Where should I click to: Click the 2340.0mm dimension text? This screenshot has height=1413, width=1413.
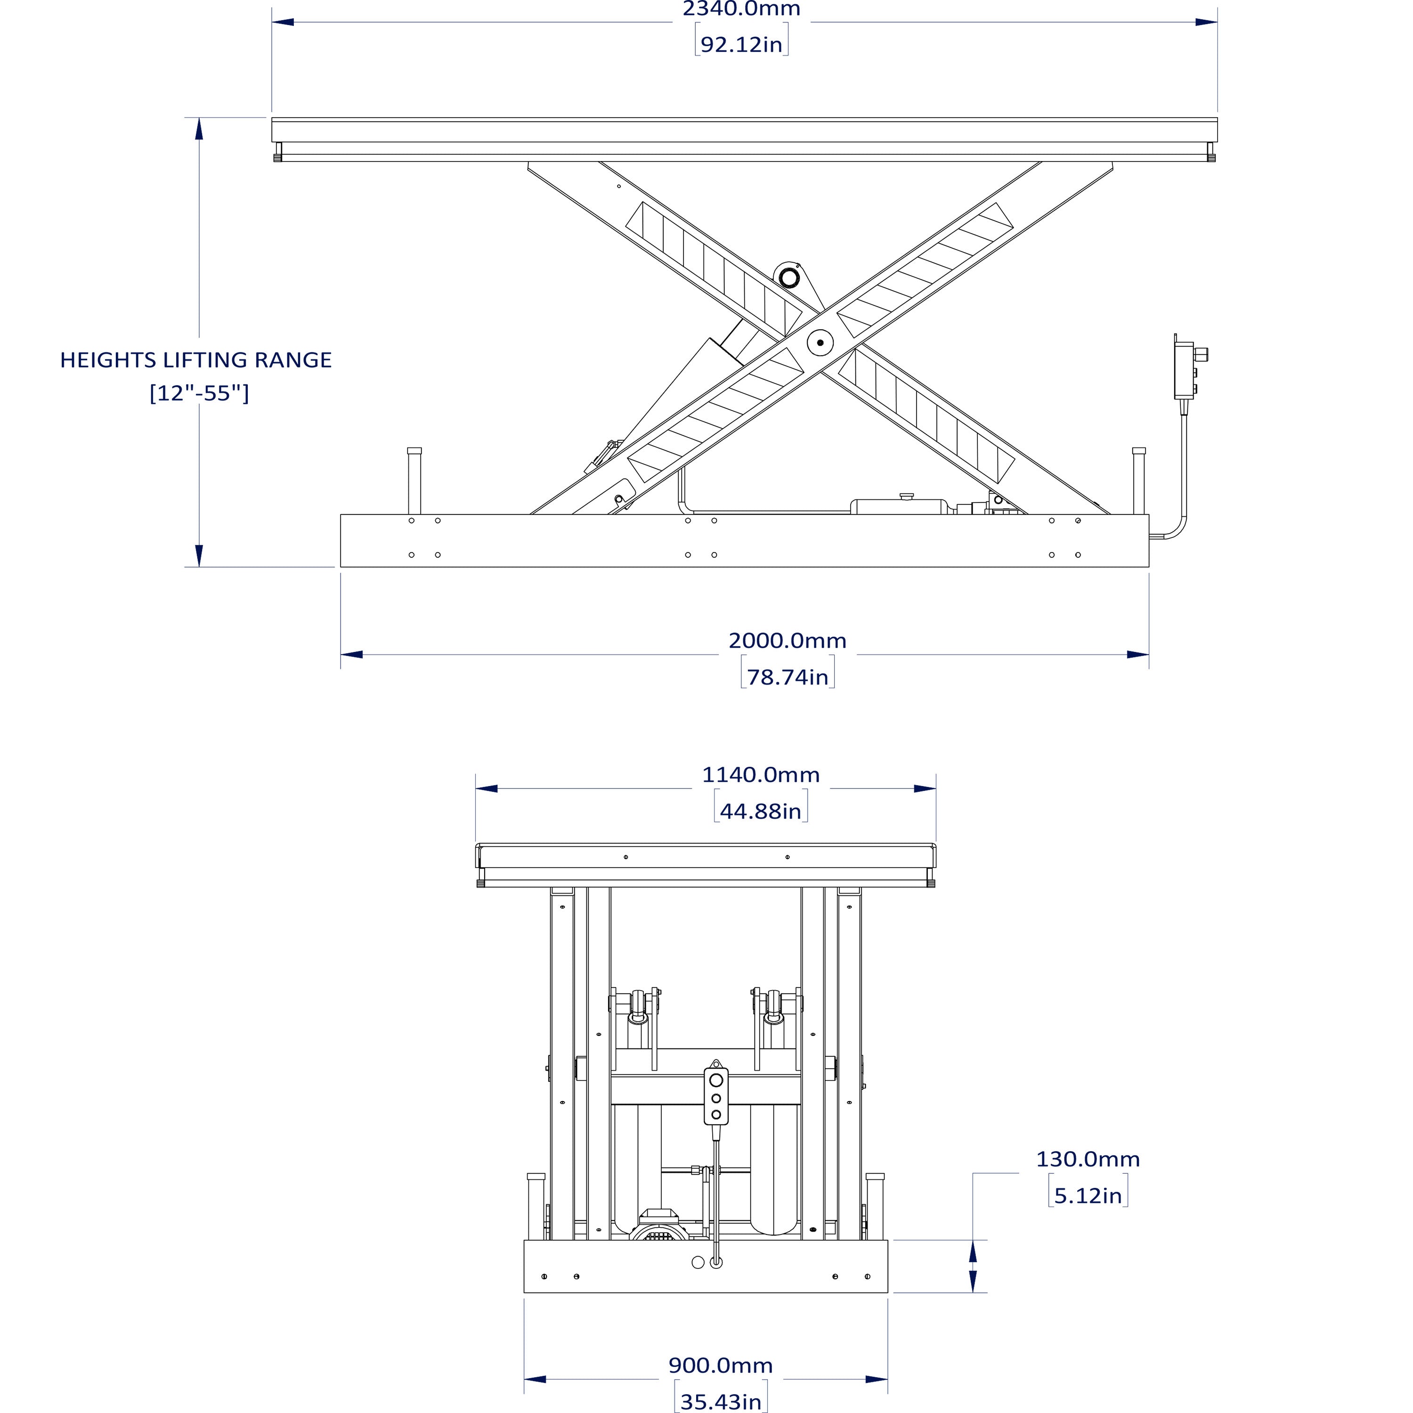[x=741, y=9]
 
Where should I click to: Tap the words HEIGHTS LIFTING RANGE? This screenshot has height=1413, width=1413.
[x=196, y=360]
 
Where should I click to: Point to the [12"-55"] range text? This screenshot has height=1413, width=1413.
[x=199, y=393]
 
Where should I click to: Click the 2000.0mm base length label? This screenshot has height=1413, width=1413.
[x=787, y=641]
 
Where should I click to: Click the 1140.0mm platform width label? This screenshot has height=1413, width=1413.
[x=761, y=774]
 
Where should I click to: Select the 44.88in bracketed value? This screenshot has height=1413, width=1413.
[x=761, y=811]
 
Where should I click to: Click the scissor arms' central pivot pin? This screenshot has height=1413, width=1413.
[x=820, y=342]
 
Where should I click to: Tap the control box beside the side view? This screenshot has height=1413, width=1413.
[x=1184, y=371]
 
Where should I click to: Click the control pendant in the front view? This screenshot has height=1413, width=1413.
[x=716, y=1097]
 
